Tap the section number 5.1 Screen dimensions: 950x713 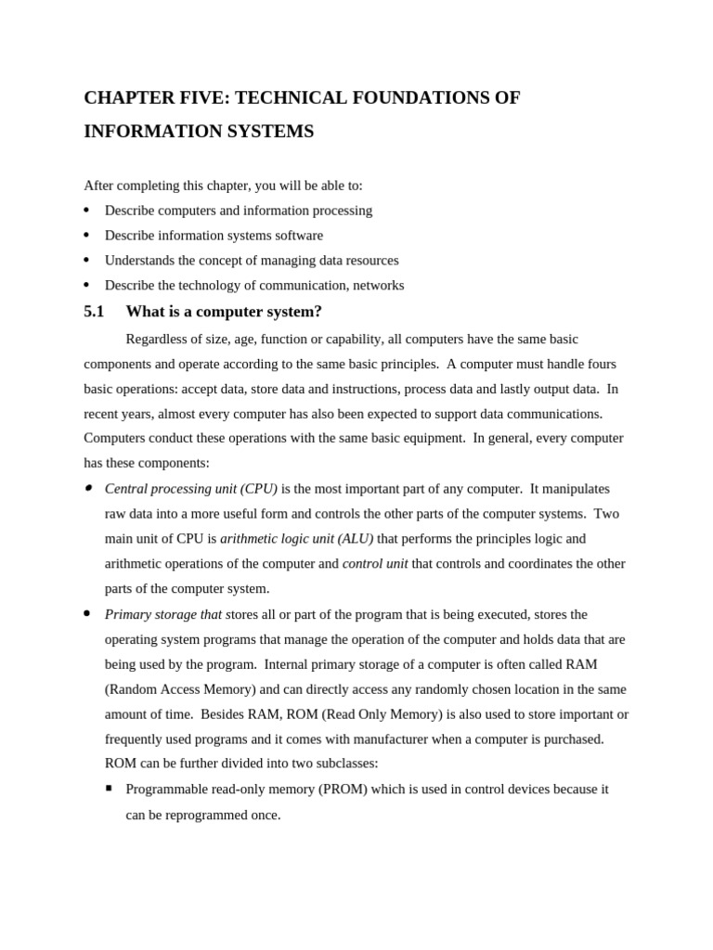[x=94, y=312]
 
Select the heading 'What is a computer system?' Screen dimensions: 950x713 [x=224, y=312]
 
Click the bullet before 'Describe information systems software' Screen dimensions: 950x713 [x=86, y=236]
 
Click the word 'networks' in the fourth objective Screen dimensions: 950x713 [x=377, y=286]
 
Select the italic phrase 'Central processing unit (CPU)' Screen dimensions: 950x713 [x=191, y=489]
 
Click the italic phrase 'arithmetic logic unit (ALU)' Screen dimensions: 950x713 [x=296, y=539]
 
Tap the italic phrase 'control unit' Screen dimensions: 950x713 [x=375, y=564]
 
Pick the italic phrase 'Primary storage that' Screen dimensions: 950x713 [x=163, y=615]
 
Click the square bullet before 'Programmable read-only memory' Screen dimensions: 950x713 [x=109, y=789]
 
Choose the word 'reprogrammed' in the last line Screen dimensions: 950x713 [x=208, y=815]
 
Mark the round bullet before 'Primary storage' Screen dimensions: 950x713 [x=86, y=614]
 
